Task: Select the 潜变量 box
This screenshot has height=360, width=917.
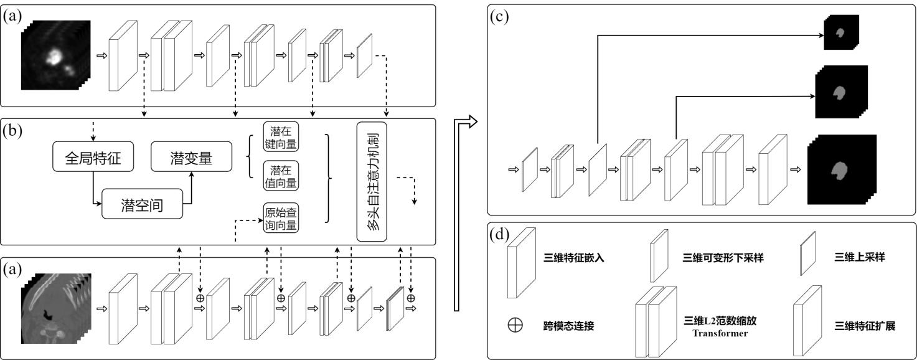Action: point(191,160)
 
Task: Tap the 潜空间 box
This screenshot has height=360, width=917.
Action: point(143,205)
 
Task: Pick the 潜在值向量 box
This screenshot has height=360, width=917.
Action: point(281,176)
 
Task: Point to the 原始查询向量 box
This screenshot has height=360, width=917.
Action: point(281,217)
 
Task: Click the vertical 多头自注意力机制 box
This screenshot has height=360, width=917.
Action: point(372,180)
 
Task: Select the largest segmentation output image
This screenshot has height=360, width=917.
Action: point(841,169)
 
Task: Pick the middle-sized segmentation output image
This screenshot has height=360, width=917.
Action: point(841,92)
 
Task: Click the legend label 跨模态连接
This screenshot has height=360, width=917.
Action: point(566,326)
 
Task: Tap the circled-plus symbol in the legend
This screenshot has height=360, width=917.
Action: point(515,326)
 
